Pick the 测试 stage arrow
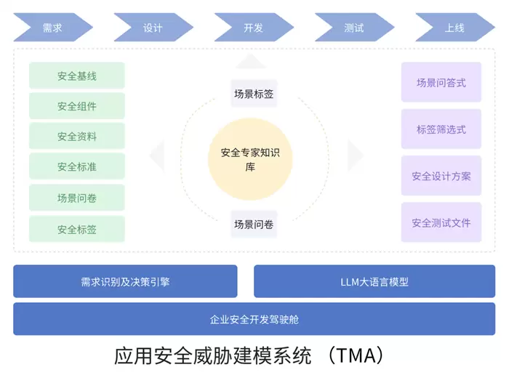coord(354,28)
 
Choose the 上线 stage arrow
coord(454,28)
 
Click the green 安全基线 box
coord(77,76)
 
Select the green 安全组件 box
coord(77,106)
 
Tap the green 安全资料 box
coord(77,137)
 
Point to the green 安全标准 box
coord(77,167)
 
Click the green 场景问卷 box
coord(77,198)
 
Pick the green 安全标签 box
coord(77,229)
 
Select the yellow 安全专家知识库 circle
coord(250,160)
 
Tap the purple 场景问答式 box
coord(441,83)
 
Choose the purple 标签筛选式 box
coord(441,129)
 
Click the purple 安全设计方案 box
coord(441,176)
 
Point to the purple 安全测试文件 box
coord(441,222)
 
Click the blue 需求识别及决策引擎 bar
coord(125,281)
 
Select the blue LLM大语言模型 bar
coord(374,281)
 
